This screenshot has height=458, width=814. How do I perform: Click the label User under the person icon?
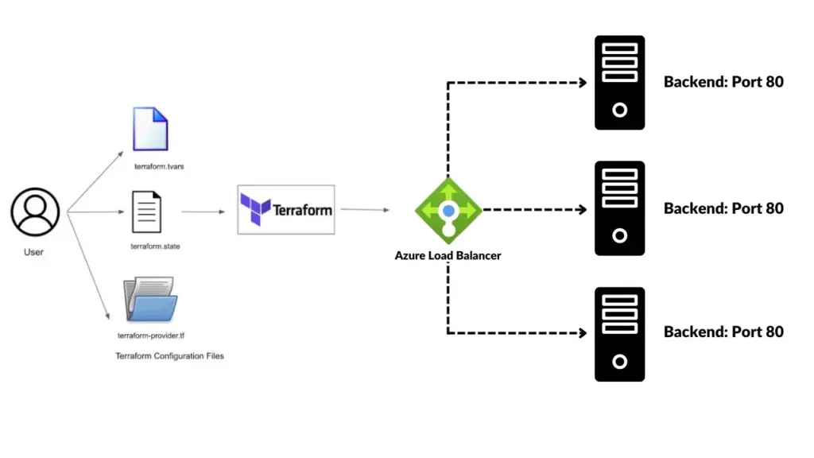point(33,252)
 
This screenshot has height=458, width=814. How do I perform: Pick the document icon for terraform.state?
point(146,212)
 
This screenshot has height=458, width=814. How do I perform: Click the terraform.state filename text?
point(155,246)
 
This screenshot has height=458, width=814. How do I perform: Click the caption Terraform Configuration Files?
point(170,355)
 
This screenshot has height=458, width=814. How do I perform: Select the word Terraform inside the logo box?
point(302,211)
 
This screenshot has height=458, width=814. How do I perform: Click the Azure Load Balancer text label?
point(448,256)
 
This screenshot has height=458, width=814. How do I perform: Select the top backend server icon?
point(619,83)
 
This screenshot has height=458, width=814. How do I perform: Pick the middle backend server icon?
point(619,208)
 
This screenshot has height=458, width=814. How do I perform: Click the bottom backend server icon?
point(619,334)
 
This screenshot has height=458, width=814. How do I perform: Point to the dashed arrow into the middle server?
point(534,210)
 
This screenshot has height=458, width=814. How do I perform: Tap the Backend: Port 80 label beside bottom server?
point(723,332)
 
